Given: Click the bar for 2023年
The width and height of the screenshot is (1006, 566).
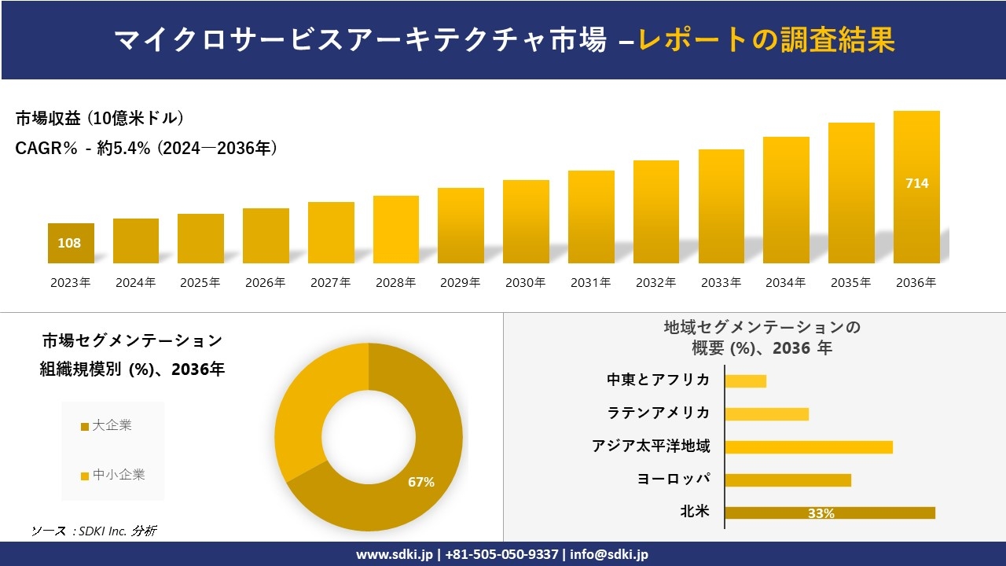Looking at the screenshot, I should click(71, 243).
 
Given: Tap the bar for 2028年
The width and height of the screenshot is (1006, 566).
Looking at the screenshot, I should click(396, 230).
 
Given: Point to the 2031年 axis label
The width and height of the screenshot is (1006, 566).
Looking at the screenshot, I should click(590, 283).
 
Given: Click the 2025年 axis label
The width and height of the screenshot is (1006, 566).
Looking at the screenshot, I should click(200, 283).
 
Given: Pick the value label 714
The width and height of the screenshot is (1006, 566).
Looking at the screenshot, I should click(916, 183).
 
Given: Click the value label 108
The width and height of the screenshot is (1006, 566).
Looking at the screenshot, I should click(69, 243).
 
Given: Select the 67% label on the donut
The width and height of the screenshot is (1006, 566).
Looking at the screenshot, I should click(421, 482).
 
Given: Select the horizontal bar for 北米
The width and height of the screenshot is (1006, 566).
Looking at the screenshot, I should click(830, 513).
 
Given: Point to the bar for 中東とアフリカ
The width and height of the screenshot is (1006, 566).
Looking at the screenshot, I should click(745, 381).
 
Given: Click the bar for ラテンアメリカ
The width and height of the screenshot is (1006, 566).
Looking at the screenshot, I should click(766, 414).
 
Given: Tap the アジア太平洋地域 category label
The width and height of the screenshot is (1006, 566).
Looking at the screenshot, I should click(651, 447).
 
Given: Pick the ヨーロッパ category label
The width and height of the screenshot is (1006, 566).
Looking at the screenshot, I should click(674, 480).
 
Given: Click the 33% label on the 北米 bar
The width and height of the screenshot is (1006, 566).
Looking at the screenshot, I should click(821, 513).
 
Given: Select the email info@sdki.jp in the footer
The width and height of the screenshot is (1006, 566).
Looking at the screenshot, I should click(610, 554).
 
